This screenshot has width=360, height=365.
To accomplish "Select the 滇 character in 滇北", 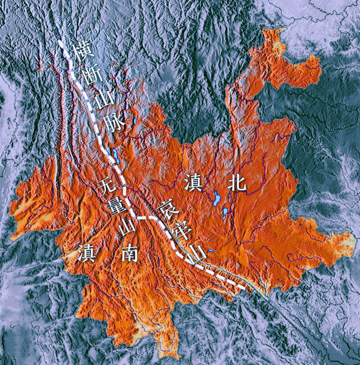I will point(193,182).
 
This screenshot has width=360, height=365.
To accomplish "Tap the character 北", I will point(236,181).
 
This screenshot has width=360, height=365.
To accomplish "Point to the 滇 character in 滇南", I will point(87,253).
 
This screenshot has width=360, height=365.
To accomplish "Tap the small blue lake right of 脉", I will point(135,120).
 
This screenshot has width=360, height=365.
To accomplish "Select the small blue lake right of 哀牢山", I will point(211,251).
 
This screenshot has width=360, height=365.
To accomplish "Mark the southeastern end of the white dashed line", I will point(244,287).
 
